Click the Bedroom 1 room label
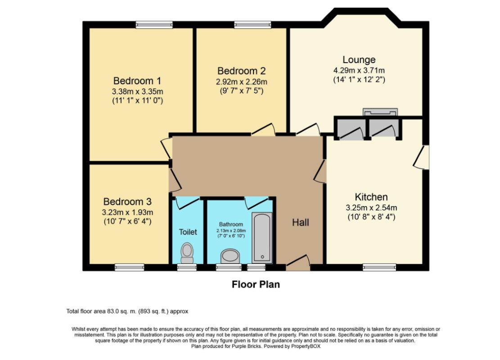coord(137,81)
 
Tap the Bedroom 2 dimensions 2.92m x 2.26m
coord(242,82)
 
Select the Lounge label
coord(359,60)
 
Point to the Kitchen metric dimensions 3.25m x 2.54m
coord(371,208)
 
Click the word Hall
coord(301,222)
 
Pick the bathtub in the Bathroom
coord(262,238)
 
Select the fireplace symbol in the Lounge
coord(380,112)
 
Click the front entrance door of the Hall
coord(298,263)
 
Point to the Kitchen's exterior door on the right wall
coord(422,157)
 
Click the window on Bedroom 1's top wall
coord(154,25)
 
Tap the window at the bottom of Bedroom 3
coord(129,267)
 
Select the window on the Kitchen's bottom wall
coord(379,267)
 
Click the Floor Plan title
coord(256,284)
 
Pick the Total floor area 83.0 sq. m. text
coord(127,311)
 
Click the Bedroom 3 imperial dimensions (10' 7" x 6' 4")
coord(128,221)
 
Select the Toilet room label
coord(188,232)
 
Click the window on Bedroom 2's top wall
coord(252,25)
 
